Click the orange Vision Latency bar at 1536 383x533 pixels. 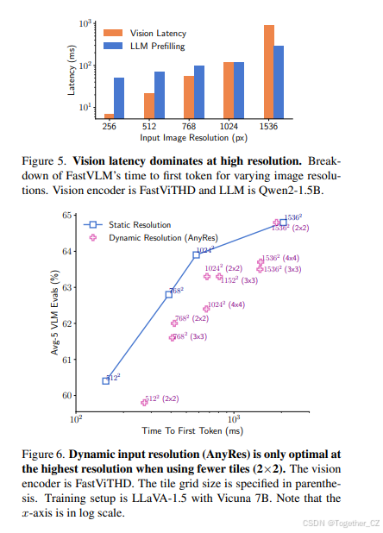pos(269,72)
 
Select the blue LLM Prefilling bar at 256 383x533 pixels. pos(119,98)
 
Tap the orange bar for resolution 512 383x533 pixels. pos(149,106)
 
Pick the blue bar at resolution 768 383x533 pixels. pos(199,92)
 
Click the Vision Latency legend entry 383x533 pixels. pos(145,33)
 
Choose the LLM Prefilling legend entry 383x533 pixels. pos(144,46)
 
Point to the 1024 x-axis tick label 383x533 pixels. pos(229,127)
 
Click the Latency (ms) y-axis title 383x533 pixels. pos(72,70)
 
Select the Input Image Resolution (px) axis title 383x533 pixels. pos(194,138)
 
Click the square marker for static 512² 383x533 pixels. pos(106,380)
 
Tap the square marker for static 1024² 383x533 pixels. pos(196,255)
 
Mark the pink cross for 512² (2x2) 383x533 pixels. pos(144,403)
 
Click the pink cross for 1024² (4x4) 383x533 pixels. pos(206,309)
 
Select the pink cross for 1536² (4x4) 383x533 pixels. pos(261,261)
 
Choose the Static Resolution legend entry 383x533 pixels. pos(127,225)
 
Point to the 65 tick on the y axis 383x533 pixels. pos(67,215)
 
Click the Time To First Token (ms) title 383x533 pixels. pos(192,430)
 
